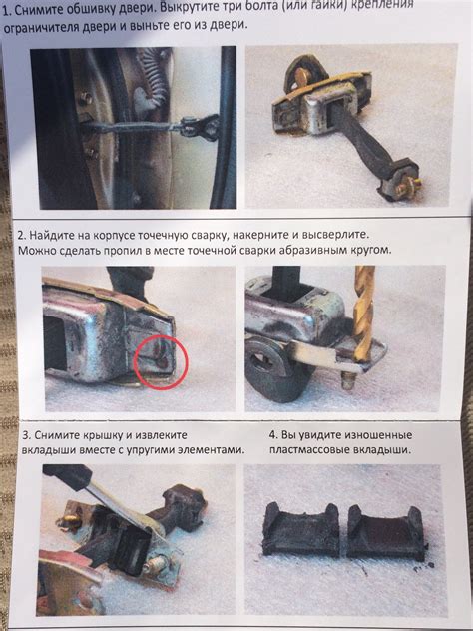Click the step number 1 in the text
point(5,11)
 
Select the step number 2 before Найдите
point(21,236)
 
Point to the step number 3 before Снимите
point(26,436)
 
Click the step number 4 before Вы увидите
point(273,435)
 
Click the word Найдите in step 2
point(49,236)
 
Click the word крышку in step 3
point(107,436)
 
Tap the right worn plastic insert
point(386,531)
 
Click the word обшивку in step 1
point(89,10)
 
